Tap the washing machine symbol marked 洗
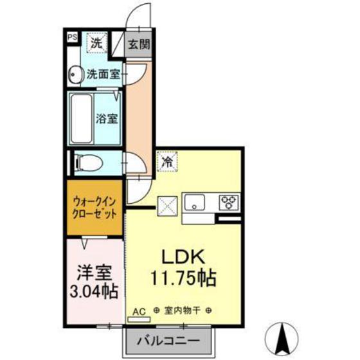click(x=95, y=44)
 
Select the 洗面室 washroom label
click(x=104, y=75)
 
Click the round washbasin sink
click(x=75, y=75)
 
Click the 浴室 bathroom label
click(x=107, y=119)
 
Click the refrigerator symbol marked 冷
click(x=166, y=161)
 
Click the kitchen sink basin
click(x=195, y=204)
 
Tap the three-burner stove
click(x=228, y=204)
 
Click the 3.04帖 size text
click(x=93, y=291)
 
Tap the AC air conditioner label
click(x=139, y=311)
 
